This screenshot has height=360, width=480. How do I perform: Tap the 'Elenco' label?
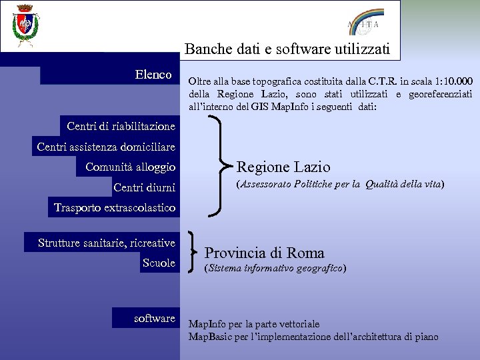click(153, 75)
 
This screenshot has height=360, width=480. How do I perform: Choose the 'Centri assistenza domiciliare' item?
click(106, 146)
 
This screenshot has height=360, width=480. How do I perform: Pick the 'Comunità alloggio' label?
click(130, 167)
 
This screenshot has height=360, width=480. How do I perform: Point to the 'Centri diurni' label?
click(144, 187)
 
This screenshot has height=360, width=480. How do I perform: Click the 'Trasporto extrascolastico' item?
click(115, 208)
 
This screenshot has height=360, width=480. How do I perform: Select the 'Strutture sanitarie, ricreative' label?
click(107, 243)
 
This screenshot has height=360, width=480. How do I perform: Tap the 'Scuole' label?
click(159, 263)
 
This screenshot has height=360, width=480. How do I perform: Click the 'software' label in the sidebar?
click(154, 318)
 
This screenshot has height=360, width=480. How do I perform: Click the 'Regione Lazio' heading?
click(283, 167)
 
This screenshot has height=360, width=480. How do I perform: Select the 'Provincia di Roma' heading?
click(264, 253)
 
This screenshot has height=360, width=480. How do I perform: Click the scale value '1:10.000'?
click(449, 81)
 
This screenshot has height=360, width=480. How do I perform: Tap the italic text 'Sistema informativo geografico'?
click(275, 268)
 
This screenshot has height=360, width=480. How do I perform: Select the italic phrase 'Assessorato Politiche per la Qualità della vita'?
click(341, 183)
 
